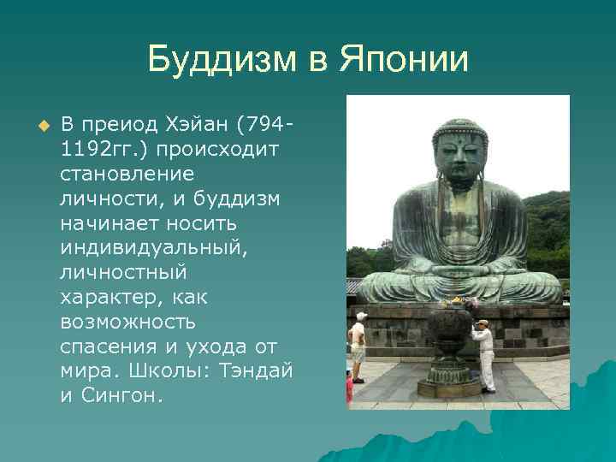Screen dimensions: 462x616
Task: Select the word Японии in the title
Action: [405, 62]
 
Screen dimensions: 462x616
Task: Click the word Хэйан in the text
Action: [204, 126]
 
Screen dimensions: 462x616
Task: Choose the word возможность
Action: [127, 323]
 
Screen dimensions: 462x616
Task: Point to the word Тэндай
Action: [260, 373]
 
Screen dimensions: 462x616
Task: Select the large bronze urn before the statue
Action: [450, 338]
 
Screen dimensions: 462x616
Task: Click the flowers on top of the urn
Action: [457, 302]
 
